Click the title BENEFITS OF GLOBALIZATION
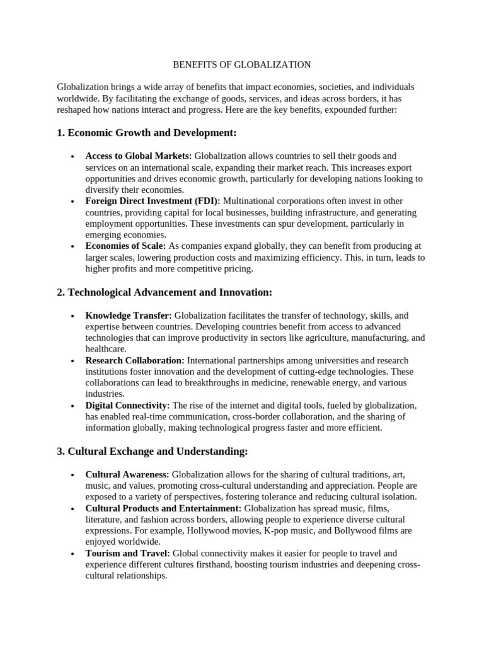click(241, 64)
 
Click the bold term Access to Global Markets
click(139, 156)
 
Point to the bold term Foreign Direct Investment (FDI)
click(153, 201)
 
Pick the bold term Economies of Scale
click(125, 246)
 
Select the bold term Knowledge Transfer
click(129, 315)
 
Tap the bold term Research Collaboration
click(135, 360)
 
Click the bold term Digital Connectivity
click(127, 406)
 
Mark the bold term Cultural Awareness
click(127, 474)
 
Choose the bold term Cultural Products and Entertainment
click(163, 508)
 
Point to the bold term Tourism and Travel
click(127, 554)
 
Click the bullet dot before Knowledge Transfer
click(74, 316)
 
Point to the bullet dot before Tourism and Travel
click(74, 554)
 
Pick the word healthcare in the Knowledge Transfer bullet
click(106, 349)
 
